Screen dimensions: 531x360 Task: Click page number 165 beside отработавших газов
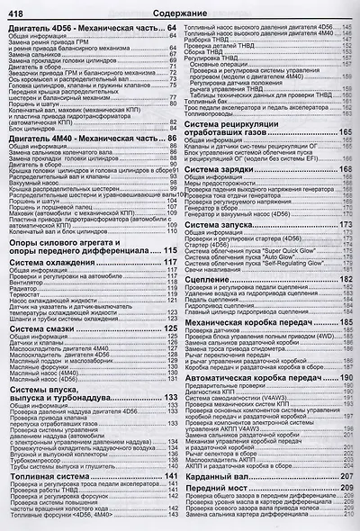pyautogui.click(x=345, y=132)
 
